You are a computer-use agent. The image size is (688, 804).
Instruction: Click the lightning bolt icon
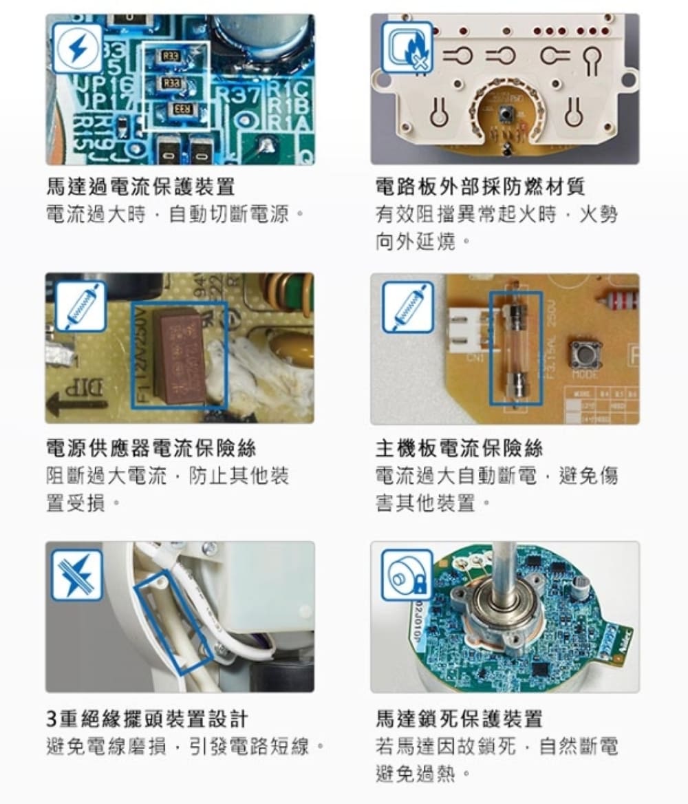coord(78,49)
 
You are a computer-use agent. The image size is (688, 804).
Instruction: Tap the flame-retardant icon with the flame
coord(407,47)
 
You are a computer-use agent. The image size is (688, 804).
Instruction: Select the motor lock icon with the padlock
coord(407,574)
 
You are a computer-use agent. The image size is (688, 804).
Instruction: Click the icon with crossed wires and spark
coord(77,574)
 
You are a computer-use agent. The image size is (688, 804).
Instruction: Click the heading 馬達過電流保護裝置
coord(140,186)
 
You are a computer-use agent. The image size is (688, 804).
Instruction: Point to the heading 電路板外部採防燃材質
coord(480,186)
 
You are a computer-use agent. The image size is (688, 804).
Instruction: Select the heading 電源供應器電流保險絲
coord(151,448)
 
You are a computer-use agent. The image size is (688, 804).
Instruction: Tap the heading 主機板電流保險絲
coord(460,448)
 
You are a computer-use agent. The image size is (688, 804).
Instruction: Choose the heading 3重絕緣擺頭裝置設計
coord(147,719)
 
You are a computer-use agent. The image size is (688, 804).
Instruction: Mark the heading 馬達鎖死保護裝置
coord(460,719)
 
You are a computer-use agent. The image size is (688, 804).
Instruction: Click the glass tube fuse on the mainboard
coord(515,348)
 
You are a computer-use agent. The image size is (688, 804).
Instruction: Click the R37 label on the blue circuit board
coord(238,95)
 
